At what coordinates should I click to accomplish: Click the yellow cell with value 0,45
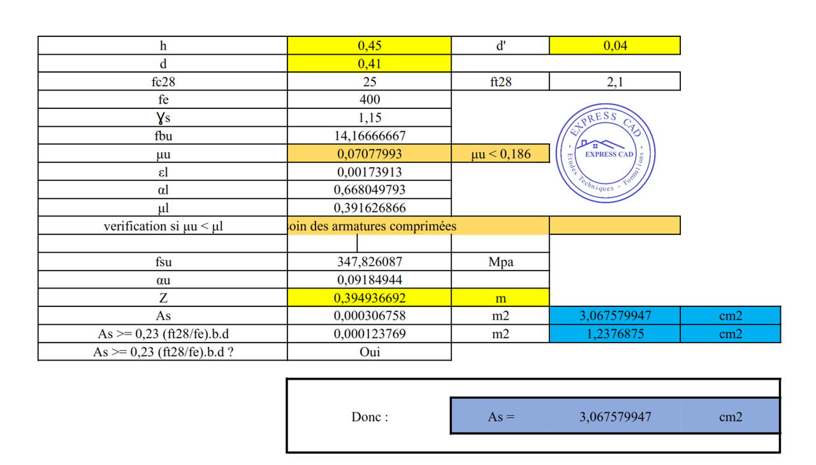(369, 46)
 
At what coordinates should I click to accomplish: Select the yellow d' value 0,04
(615, 46)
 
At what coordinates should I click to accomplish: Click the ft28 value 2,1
(615, 82)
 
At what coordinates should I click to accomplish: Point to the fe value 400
(369, 99)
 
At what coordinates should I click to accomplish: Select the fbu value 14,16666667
(369, 136)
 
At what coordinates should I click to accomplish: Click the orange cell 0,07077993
(369, 154)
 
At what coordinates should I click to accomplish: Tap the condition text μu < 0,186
(500, 154)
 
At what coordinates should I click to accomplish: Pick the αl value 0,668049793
(369, 190)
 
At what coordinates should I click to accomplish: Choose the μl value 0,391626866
(369, 208)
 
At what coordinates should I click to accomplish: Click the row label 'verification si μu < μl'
(163, 226)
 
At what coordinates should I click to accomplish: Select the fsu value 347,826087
(369, 262)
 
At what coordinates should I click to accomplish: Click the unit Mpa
(500, 262)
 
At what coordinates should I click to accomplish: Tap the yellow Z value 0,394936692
(369, 298)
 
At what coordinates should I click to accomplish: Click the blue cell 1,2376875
(615, 334)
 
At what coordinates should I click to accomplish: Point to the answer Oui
(369, 352)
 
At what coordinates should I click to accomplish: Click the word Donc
(370, 417)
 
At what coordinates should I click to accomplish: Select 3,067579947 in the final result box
(615, 417)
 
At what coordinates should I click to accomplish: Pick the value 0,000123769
(369, 334)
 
